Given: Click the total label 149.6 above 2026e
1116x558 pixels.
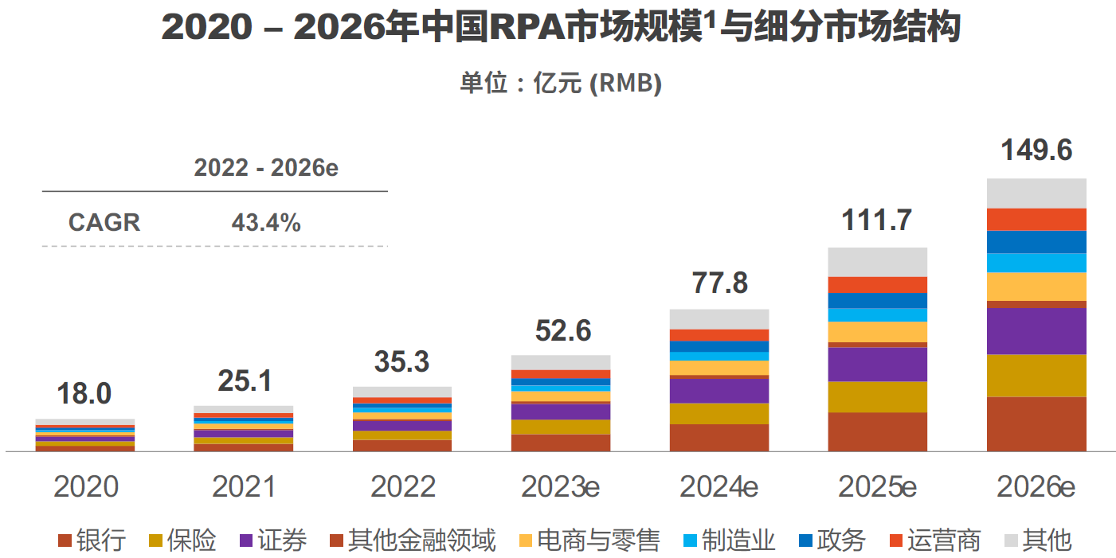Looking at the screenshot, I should click(x=1037, y=151).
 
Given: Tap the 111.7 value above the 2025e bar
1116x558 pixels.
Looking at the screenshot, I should click(x=877, y=220).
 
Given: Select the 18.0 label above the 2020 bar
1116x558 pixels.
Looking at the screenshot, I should click(x=84, y=394).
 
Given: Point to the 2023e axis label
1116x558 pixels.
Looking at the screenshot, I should click(x=560, y=487).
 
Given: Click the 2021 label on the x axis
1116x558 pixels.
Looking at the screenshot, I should click(x=244, y=487).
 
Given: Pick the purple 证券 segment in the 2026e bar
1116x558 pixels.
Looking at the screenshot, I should click(x=1036, y=331).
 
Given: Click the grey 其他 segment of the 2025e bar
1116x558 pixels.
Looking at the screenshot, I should click(x=877, y=262).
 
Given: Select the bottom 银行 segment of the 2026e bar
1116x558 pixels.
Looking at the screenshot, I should click(x=1036, y=423).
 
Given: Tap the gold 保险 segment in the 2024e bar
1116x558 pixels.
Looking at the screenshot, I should click(x=719, y=414).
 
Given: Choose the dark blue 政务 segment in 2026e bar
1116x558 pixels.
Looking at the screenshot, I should click(x=1036, y=242).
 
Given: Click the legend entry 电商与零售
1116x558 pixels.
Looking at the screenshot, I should click(x=589, y=541).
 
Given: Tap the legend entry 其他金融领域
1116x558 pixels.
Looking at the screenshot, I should click(x=412, y=541).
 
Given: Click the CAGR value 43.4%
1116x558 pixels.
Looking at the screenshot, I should click(x=266, y=223).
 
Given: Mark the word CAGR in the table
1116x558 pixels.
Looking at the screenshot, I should click(x=104, y=223).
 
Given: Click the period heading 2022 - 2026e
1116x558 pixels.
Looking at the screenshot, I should click(x=266, y=169).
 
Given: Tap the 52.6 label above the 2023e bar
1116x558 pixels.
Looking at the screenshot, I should click(x=563, y=331).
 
